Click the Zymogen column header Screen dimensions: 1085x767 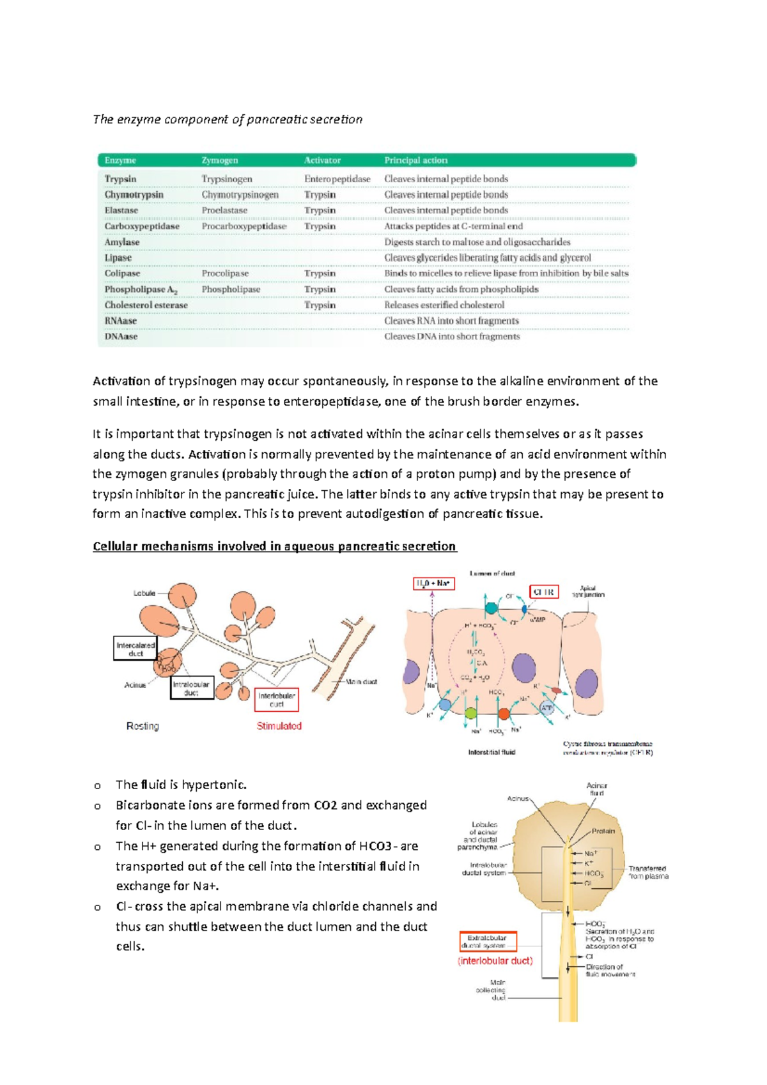point(220,160)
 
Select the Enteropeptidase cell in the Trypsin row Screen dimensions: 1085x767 point(337,179)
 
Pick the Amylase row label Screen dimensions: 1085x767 point(122,242)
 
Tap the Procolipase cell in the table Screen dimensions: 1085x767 point(225,273)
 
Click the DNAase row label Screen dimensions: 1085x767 point(121,337)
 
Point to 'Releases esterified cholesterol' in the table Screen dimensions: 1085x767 point(444,305)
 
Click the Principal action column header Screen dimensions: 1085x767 point(415,160)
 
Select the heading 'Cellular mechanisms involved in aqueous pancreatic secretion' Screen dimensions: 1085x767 point(274,546)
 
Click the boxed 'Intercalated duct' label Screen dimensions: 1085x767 point(136,649)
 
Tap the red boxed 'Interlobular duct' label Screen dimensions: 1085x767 point(276,700)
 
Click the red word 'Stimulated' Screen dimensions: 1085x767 point(279,726)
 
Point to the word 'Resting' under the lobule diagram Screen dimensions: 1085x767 point(143,726)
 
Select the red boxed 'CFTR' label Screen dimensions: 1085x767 point(543,592)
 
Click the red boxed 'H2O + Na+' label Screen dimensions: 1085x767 point(433,583)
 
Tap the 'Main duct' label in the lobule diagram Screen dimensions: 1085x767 point(361,682)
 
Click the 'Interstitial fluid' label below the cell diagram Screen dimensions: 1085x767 point(492,752)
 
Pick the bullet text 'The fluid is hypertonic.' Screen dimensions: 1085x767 point(181,785)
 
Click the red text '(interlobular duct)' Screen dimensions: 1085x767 point(495,961)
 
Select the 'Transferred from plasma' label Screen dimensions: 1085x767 point(647,872)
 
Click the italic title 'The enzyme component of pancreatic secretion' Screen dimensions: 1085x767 point(228,119)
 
